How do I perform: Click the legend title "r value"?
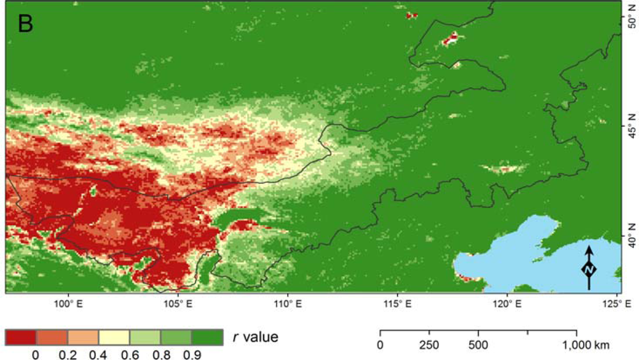pyautogui.click(x=255, y=336)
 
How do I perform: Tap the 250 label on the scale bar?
pyautogui.click(x=429, y=346)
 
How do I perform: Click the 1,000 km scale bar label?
pyautogui.click(x=585, y=346)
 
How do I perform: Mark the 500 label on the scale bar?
pyautogui.click(x=478, y=346)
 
